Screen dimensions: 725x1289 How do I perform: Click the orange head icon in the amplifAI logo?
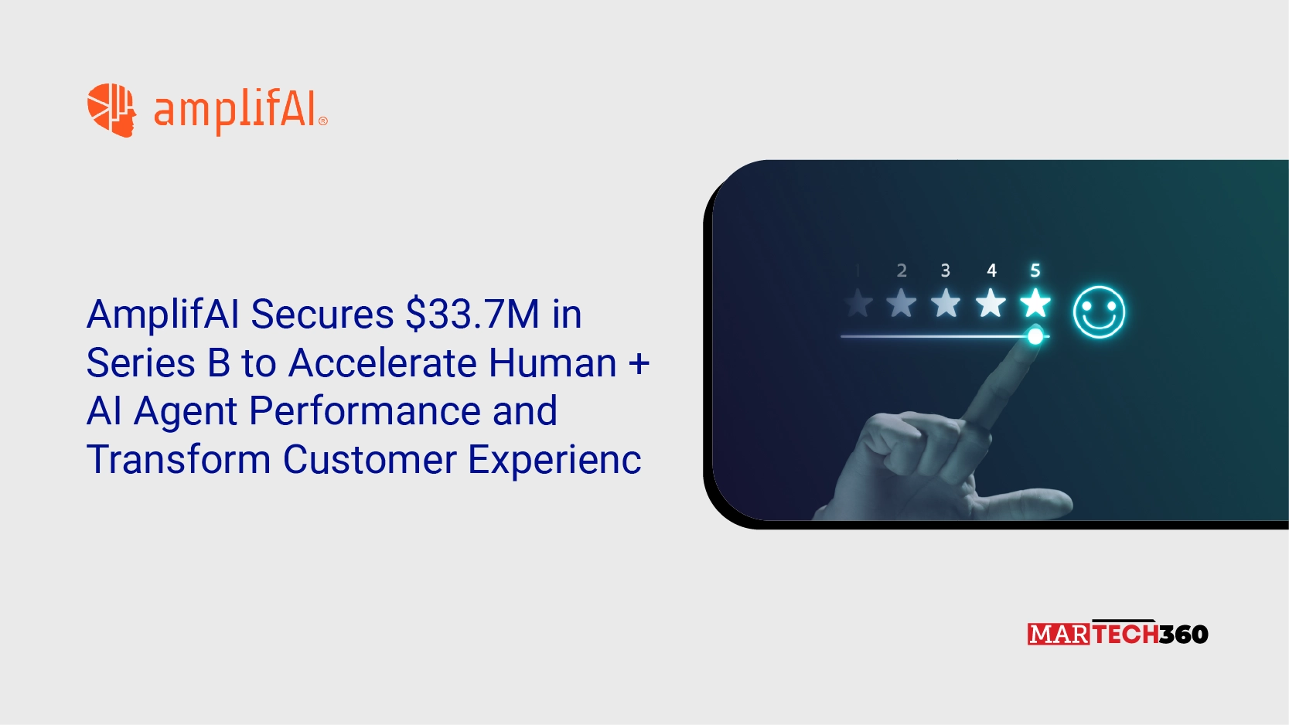111,110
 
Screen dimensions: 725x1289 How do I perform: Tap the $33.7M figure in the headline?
472,315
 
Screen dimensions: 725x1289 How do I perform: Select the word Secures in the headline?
322,315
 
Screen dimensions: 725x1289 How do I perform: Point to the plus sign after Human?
639,363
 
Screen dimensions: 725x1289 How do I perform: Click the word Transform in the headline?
179,460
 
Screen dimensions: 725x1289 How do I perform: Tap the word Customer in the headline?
370,460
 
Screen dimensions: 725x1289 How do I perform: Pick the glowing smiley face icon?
1099,311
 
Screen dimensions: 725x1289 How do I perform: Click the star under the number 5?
1035,303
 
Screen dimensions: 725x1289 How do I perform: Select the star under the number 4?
991,303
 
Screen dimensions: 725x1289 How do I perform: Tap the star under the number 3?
946,303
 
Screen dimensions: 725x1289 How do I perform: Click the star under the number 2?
902,303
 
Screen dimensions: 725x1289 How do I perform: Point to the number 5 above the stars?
1035,271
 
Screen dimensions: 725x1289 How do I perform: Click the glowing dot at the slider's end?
1035,336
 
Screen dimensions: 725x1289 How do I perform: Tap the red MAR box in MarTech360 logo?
1059,635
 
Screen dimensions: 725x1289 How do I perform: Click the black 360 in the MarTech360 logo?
1184,635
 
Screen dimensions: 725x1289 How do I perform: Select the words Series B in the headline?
159,363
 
